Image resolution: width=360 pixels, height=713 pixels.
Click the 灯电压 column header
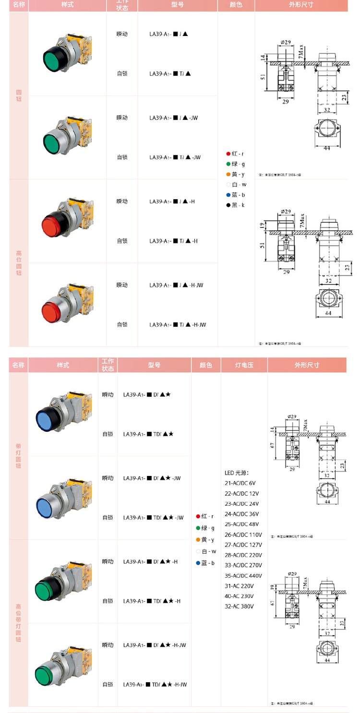click(244, 365)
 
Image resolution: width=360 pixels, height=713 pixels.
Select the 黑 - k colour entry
click(236, 205)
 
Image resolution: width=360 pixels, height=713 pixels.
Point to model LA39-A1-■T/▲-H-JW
click(178, 325)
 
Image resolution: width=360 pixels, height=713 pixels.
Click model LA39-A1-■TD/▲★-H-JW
click(155, 685)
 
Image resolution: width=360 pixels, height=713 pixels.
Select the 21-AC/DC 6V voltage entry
click(240, 483)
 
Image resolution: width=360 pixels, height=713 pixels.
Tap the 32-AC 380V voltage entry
click(239, 606)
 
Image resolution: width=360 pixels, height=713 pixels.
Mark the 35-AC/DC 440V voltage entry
click(243, 576)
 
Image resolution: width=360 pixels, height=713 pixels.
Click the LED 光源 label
click(237, 473)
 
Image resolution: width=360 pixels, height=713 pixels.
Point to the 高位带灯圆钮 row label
click(18, 623)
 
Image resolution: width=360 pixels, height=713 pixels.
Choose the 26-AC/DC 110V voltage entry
click(243, 535)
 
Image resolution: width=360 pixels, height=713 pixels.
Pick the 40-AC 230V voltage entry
click(239, 596)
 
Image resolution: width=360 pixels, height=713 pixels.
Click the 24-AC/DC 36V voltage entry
click(241, 514)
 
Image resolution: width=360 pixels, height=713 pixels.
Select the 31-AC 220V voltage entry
click(239, 586)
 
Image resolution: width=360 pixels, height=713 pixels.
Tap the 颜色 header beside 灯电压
click(205, 365)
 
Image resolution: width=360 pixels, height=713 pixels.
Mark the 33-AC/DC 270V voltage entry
click(243, 565)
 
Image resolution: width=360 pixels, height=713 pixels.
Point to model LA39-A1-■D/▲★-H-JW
click(155, 645)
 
